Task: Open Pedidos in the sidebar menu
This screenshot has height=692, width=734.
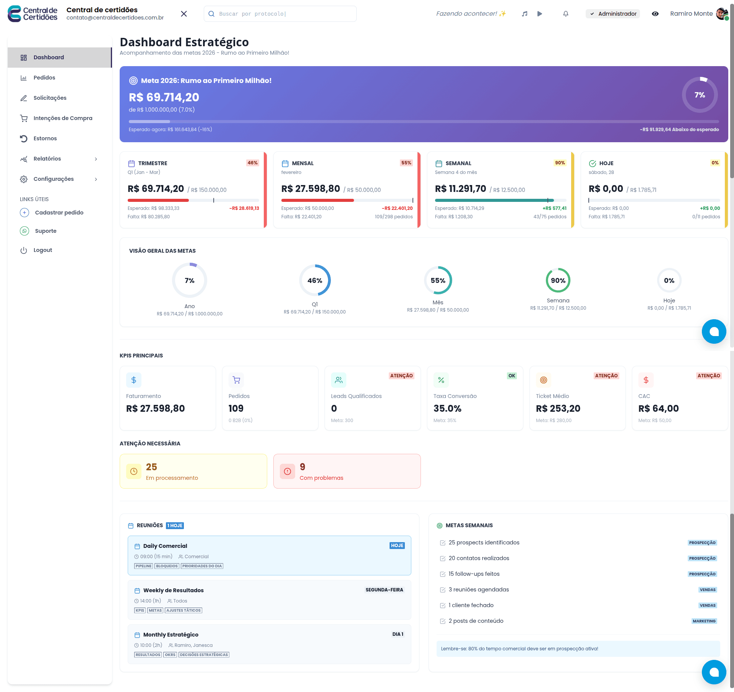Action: [x=44, y=78]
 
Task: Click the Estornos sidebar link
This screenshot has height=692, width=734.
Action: [x=45, y=138]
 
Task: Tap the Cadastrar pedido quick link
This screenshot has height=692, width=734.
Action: [x=59, y=213]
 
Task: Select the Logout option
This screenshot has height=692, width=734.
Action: [x=42, y=250]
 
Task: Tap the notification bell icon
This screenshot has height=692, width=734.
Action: [x=566, y=14]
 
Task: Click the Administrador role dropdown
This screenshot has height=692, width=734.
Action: [x=613, y=14]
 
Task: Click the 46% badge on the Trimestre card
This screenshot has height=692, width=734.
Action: [x=252, y=163]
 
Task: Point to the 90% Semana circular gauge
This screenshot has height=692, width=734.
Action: [x=558, y=280]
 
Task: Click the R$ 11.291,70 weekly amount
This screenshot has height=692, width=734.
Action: [x=460, y=189]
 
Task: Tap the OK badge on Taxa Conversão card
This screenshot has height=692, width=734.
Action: [x=512, y=376]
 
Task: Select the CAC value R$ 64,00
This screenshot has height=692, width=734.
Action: [x=658, y=408]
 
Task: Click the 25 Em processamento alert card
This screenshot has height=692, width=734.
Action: [x=193, y=471]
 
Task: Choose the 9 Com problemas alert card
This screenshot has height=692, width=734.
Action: [x=347, y=471]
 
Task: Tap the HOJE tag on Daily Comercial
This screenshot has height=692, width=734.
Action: [x=397, y=546]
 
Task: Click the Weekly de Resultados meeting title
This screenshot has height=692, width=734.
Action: [x=173, y=590]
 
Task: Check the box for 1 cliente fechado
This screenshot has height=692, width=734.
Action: [x=443, y=606]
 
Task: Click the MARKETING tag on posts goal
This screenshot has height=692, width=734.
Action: [x=704, y=621]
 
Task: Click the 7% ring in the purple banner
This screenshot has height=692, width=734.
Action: [x=700, y=95]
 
